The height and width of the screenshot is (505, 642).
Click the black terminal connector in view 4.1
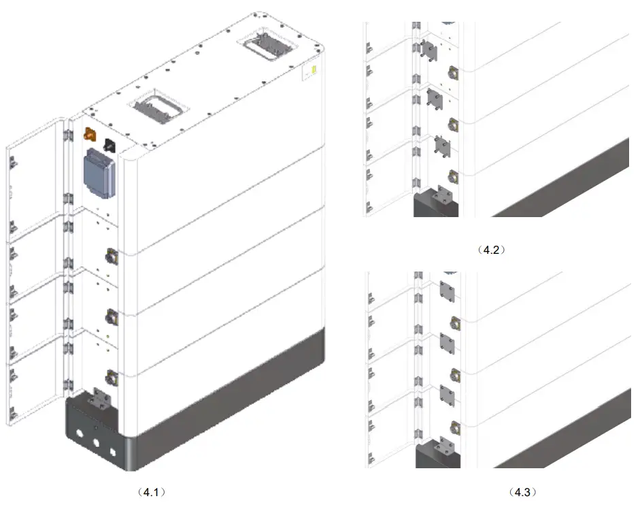(x=109, y=144)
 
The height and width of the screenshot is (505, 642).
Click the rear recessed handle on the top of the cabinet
(x=266, y=48)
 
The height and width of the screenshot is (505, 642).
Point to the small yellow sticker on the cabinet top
(x=314, y=70)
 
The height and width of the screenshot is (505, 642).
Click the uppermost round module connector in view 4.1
(x=111, y=257)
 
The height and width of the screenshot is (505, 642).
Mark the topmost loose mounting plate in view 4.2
(x=428, y=48)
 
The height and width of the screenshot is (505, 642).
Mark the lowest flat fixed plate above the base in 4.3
(x=447, y=393)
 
